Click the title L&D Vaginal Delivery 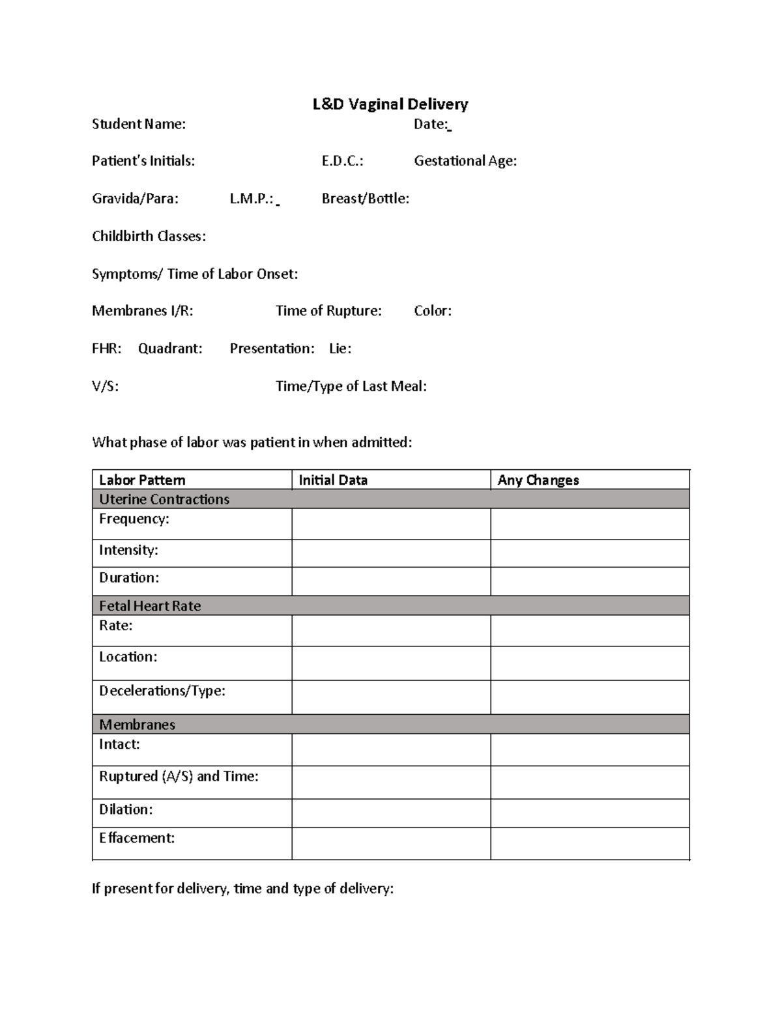coord(390,104)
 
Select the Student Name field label coord(139,124)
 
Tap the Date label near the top coord(431,124)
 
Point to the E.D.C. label coord(342,161)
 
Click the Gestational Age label coord(465,161)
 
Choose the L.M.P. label coord(252,199)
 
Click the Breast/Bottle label coord(365,199)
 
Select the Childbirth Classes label coord(149,237)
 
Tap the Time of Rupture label coord(328,311)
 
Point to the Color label coord(432,311)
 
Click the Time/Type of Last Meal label coord(351,386)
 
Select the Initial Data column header coord(333,480)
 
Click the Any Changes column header coord(538,480)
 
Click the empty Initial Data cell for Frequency coord(391,524)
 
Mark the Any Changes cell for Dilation coord(590,813)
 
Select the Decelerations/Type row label coord(162,691)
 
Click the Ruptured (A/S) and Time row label coord(179,776)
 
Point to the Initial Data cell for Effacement coord(391,843)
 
